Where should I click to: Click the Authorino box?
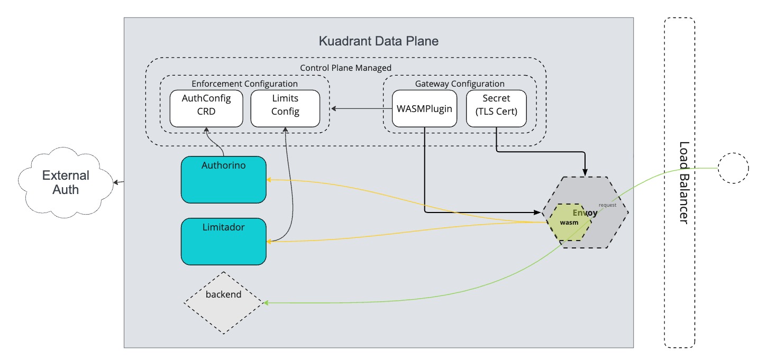(x=223, y=180)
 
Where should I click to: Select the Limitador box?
(x=223, y=242)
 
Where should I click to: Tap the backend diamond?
(x=223, y=303)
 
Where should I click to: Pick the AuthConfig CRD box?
(x=206, y=108)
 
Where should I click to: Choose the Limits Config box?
(x=285, y=108)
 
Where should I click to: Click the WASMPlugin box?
(x=424, y=108)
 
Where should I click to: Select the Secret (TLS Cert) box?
(x=496, y=108)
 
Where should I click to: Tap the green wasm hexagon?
(x=569, y=222)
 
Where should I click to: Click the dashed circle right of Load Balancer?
(x=733, y=168)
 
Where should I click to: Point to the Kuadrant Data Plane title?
(x=378, y=41)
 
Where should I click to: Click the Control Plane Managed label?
(x=345, y=68)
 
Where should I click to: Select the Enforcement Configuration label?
(x=244, y=84)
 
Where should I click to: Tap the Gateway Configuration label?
(x=459, y=84)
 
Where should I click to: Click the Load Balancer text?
(x=683, y=182)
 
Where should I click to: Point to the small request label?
(x=607, y=205)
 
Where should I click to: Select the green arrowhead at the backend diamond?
(x=266, y=303)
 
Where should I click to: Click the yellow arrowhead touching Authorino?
(x=269, y=180)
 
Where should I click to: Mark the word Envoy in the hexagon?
(x=585, y=213)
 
